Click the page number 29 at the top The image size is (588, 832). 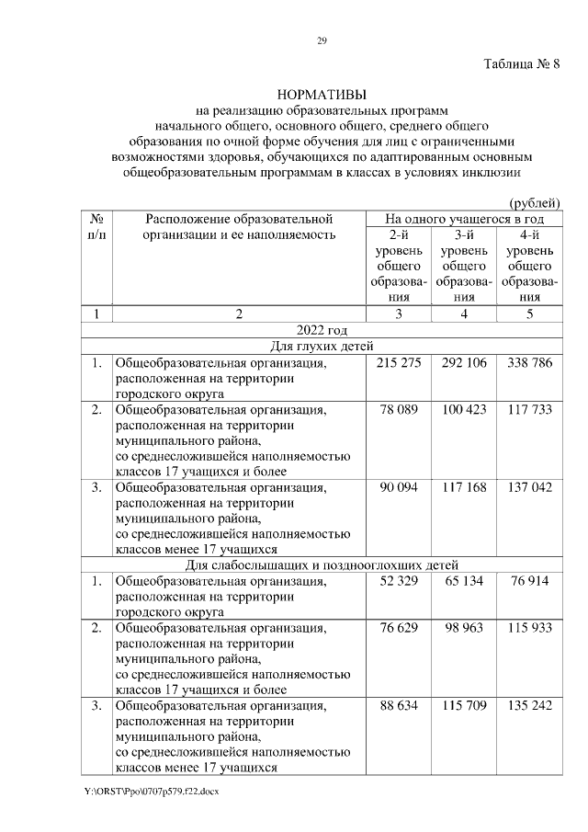[x=322, y=40]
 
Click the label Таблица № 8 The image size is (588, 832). [x=521, y=64]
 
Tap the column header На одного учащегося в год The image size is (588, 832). [x=463, y=220]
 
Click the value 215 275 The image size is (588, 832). [x=399, y=363]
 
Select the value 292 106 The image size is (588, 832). [x=463, y=363]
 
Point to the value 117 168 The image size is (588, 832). [x=463, y=486]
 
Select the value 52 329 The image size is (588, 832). [x=399, y=581]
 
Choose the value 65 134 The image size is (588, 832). [x=463, y=581]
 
